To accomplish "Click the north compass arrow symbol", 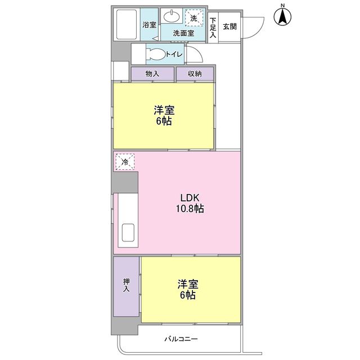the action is pos(282,16).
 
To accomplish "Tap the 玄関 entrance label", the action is pos(229,26).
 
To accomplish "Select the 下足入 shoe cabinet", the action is pos(213,28).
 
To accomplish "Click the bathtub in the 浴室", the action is pos(127,24).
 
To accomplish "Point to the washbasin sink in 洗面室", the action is pos(171,16).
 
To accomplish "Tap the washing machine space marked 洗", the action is pos(194,18).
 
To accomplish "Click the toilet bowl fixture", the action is pos(156,55).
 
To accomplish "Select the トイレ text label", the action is pos(174,54).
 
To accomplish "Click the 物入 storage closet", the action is pos(152,74).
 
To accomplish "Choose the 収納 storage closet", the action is pos(195,74).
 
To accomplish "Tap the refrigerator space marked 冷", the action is pos(125,162).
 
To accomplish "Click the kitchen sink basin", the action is pos(128,232).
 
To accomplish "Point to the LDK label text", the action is pos(190,197).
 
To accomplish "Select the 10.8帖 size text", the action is pos(190,209).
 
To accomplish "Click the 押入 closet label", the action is pos(126,285).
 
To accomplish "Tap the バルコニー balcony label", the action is pos(181,339).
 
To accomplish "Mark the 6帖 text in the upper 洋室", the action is pos(164,121).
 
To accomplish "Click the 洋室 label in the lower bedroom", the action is pos(188,284).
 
